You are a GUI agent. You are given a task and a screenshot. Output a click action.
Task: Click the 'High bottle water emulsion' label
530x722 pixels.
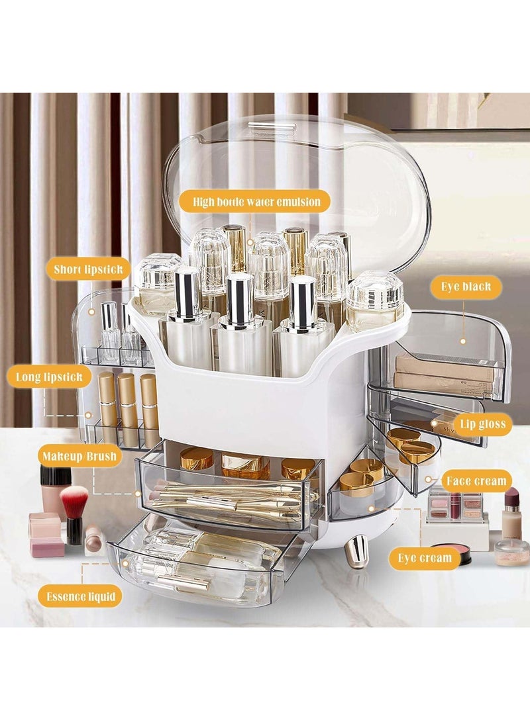[256, 201]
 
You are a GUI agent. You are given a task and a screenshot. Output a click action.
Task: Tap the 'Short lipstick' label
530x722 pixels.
[87, 269]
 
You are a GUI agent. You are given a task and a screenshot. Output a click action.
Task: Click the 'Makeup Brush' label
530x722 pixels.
[79, 456]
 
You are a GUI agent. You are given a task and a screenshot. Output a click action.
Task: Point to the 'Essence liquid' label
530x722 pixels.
[80, 596]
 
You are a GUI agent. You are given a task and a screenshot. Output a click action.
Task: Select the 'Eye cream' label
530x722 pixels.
[425, 558]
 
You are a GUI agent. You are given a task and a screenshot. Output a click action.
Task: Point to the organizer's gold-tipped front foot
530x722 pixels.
[356, 549]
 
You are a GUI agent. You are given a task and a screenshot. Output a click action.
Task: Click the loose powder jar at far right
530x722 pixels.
[512, 552]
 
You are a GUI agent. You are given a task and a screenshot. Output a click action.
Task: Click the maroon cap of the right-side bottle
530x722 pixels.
[511, 496]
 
